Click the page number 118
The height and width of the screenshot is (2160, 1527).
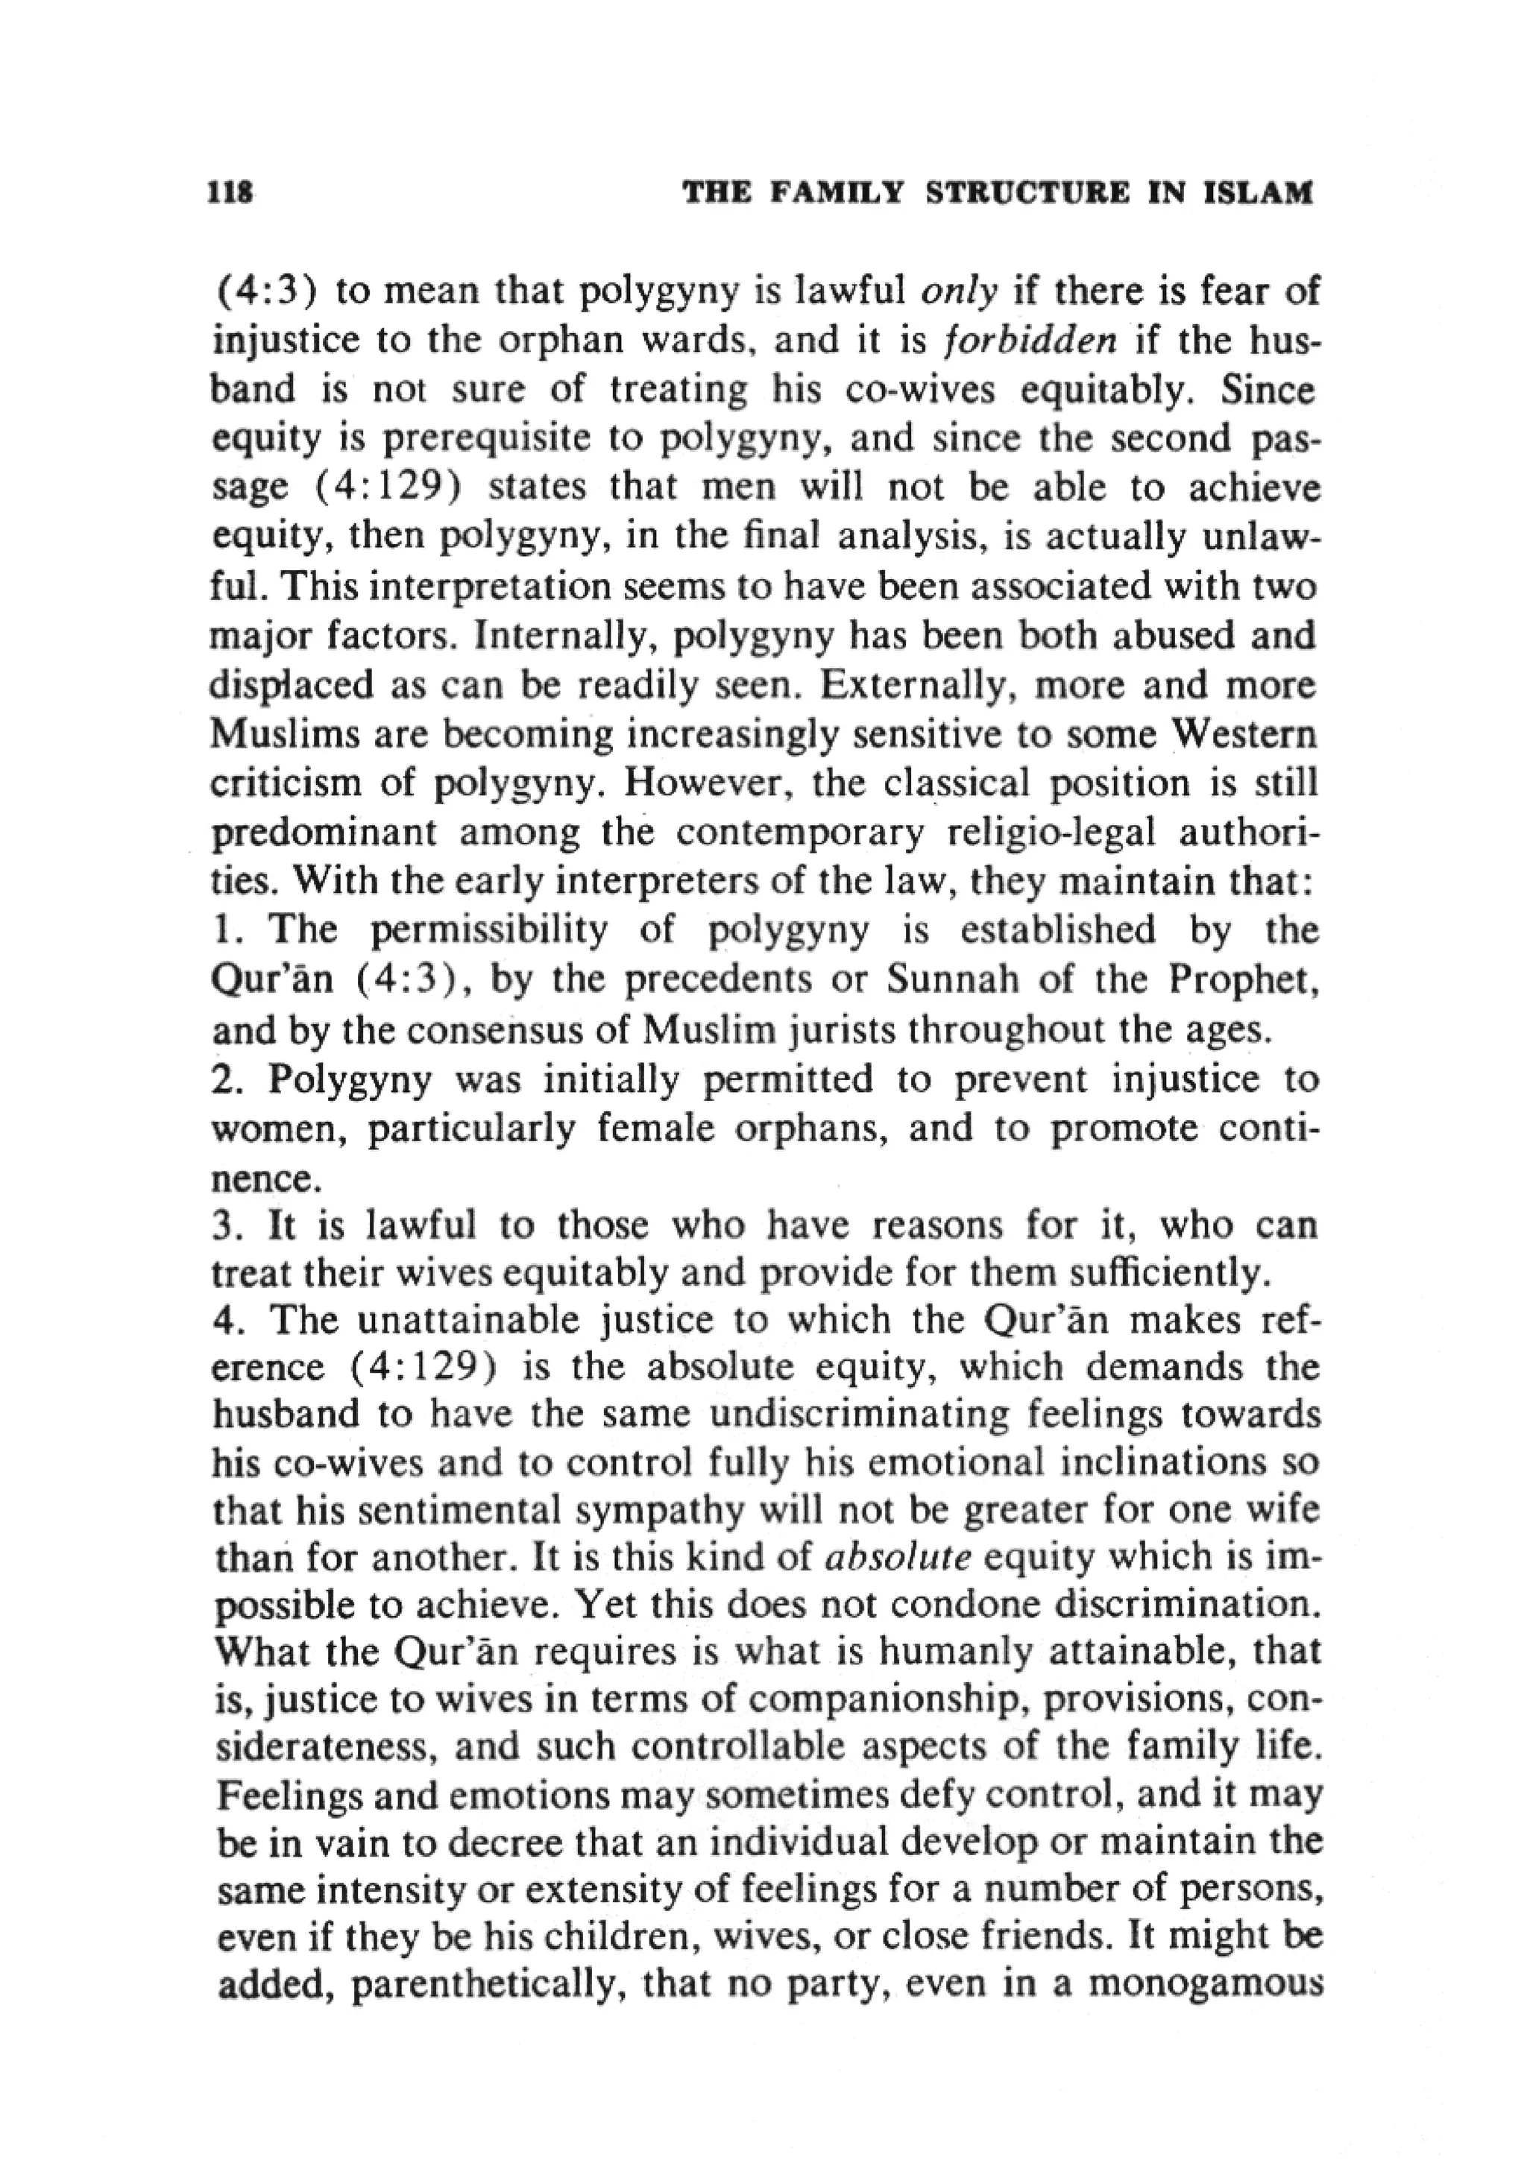[x=231, y=194]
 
